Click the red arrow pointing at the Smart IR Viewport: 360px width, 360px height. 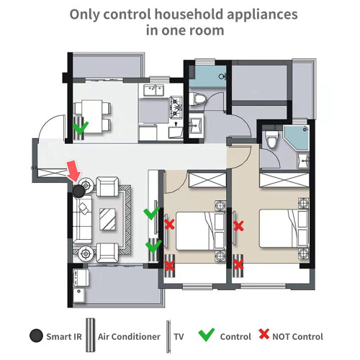pos(74,171)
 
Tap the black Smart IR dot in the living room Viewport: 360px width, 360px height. pos(78,191)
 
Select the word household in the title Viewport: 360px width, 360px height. pos(189,14)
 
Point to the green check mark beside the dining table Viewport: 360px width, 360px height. pos(81,127)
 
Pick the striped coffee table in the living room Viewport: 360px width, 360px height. pos(107,219)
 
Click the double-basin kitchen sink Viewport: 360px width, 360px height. pos(153,90)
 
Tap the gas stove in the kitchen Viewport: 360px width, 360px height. pos(176,107)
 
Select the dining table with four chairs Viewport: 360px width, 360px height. pos(93,116)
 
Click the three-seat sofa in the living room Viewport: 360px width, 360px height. pos(82,219)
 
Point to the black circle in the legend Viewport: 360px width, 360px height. pos(36,336)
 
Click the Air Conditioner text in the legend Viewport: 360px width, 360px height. pos(129,336)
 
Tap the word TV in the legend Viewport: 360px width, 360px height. pos(179,336)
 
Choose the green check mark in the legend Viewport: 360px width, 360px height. pos(207,335)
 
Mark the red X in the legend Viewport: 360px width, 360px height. pos(264,334)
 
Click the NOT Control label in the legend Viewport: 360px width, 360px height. pos(297,337)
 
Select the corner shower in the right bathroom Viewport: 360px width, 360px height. pos(297,138)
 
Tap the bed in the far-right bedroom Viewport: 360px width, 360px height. pos(284,228)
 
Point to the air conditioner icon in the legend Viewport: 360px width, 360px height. pos(91,336)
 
